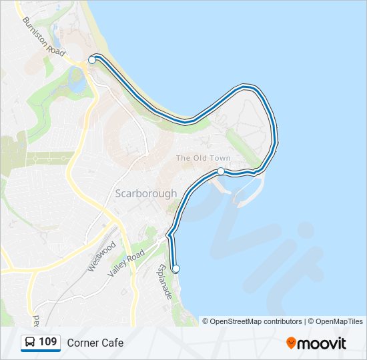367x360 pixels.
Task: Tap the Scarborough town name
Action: [146, 193]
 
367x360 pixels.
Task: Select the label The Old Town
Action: [203, 158]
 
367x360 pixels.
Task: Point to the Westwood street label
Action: [97, 255]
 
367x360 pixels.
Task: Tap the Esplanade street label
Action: [165, 281]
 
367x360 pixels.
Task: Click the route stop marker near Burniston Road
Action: [92, 60]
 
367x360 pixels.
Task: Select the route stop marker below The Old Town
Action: [220, 171]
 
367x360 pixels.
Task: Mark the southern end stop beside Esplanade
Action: [176, 269]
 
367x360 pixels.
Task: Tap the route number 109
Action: [47, 343]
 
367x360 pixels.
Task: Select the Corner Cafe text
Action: [95, 343]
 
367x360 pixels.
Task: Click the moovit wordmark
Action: [322, 343]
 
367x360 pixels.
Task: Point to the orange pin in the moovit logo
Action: [291, 343]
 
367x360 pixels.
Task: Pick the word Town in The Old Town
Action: [220, 158]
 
